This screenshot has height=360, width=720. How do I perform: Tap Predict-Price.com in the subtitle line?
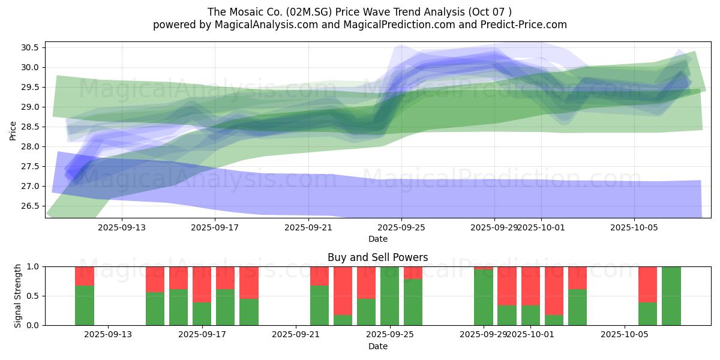coord(525,25)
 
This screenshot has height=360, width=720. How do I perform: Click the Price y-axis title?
coord(13,130)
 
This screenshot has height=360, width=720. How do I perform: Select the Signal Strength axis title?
coord(18,296)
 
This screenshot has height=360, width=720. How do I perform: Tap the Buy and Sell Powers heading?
coord(378,257)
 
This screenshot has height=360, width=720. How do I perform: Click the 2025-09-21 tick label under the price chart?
coord(308,228)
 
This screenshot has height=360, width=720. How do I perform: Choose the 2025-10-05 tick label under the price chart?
coord(634,228)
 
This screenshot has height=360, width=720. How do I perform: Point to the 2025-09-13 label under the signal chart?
coord(108,335)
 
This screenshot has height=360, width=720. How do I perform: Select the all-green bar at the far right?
coord(671,296)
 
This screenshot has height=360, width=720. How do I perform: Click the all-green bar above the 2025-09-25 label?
coord(390,296)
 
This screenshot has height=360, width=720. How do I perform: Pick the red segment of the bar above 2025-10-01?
coord(530,286)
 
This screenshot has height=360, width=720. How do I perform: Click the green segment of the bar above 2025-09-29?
coord(483,298)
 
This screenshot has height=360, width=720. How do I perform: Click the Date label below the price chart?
coord(378,239)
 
